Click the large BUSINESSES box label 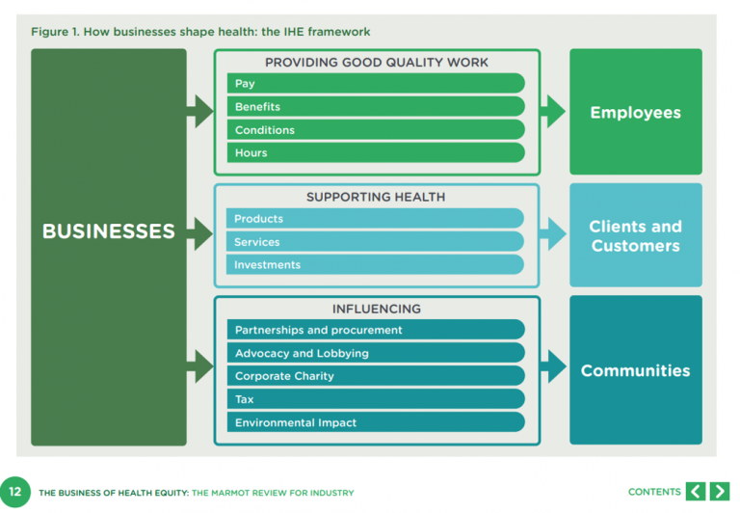[x=109, y=231]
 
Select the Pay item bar [x=376, y=84]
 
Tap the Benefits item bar [x=376, y=107]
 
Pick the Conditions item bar [x=376, y=130]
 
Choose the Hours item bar [x=376, y=152]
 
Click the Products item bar [x=376, y=219]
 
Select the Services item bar [x=376, y=242]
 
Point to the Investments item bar [x=376, y=265]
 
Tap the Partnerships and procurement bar [x=376, y=330]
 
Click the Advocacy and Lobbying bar [x=376, y=353]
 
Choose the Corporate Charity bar [x=376, y=376]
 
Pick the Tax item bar [x=376, y=399]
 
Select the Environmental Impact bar [x=376, y=422]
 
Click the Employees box [x=635, y=113]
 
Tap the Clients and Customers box [x=635, y=236]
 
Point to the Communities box [x=635, y=370]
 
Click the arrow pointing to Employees [x=553, y=112]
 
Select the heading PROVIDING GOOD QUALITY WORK [x=377, y=63]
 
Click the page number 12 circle [x=15, y=492]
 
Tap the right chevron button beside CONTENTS [x=720, y=492]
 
